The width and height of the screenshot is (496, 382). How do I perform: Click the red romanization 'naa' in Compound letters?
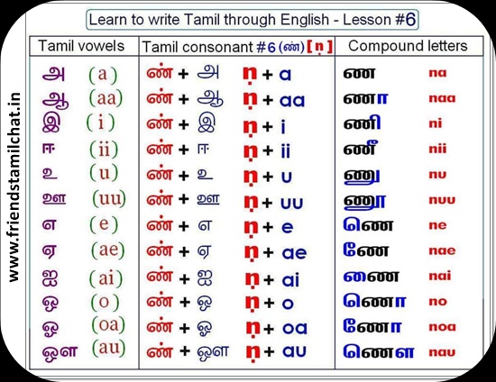[x=442, y=98]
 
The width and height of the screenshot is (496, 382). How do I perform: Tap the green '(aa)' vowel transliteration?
[x=106, y=98]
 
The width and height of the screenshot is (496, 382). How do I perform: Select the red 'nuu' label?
[x=442, y=200]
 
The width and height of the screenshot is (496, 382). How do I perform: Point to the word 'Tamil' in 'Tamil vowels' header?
[x=56, y=46]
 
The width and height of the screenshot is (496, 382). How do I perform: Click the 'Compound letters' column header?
[x=408, y=46]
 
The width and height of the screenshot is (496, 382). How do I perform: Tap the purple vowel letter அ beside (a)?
[x=53, y=74]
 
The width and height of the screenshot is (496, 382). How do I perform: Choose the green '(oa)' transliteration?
[x=108, y=325]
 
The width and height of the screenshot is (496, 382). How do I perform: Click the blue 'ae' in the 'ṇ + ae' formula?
[x=294, y=253]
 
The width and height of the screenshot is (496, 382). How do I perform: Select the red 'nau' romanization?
[x=442, y=352]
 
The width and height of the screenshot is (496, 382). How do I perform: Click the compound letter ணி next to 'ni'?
[x=363, y=123]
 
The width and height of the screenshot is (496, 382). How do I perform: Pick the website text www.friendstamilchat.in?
[x=14, y=187]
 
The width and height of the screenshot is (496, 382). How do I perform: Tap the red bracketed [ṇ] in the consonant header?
[x=320, y=48]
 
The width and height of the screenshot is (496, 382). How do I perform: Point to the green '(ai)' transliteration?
[x=106, y=278]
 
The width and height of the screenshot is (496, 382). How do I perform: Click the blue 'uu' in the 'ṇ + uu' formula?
[x=291, y=204]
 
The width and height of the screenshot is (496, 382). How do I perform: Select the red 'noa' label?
[x=442, y=327]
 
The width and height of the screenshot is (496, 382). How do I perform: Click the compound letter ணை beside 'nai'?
[x=371, y=277]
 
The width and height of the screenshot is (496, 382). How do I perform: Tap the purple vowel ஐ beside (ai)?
[x=50, y=278]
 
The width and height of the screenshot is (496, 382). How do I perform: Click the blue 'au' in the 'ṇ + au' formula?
[x=294, y=351]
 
